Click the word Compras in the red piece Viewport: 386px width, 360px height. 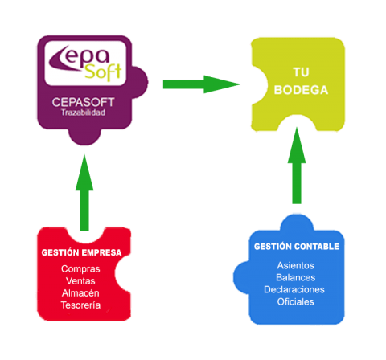pyautogui.click(x=80, y=268)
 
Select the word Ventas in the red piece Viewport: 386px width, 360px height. pyautogui.click(x=80, y=280)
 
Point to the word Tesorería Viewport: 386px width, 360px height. pyautogui.click(x=80, y=305)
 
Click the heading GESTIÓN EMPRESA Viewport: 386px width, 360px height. pyautogui.click(x=81, y=252)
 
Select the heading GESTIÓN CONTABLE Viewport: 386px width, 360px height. pyautogui.click(x=296, y=247)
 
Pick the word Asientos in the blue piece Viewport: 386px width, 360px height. pyautogui.click(x=295, y=265)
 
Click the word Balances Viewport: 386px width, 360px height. pyautogui.click(x=295, y=277)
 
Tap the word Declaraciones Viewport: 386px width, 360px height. pyautogui.click(x=295, y=289)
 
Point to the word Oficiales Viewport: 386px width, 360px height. pyautogui.click(x=295, y=302)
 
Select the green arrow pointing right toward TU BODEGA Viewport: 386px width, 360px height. pyautogui.click(x=201, y=83)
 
